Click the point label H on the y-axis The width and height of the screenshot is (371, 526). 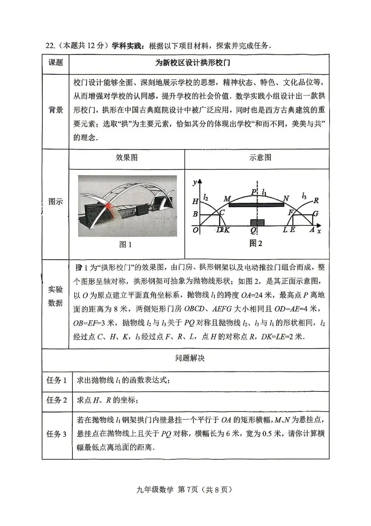[195, 201]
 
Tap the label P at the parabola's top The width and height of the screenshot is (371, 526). [254, 192]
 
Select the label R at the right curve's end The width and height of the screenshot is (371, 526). [316, 200]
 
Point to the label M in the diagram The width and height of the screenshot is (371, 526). [227, 199]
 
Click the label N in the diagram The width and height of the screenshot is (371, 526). [286, 198]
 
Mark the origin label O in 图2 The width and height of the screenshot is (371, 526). [195, 230]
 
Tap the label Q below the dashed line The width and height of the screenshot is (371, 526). [254, 230]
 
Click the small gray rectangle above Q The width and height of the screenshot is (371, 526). [258, 222]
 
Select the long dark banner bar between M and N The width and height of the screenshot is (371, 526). [256, 205]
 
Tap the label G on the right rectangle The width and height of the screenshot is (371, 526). [316, 213]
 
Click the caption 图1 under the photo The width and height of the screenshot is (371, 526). [125, 244]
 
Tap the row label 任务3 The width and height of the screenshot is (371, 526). [57, 434]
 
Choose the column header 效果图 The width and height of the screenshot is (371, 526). [127, 157]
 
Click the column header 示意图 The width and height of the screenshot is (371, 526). [260, 157]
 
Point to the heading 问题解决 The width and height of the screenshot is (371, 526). [190, 358]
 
